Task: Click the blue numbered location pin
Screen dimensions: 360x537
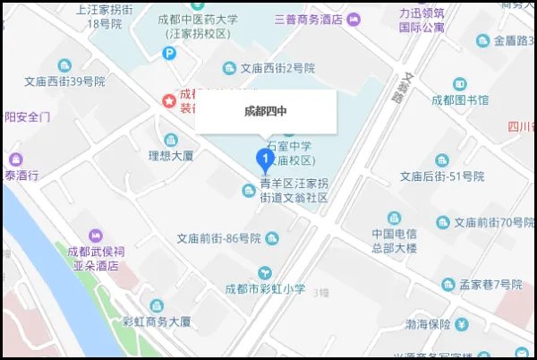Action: point(265,159)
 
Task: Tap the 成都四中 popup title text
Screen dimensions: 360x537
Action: point(266,113)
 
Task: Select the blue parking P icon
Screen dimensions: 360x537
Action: point(170,54)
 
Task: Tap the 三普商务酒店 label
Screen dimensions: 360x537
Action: point(309,19)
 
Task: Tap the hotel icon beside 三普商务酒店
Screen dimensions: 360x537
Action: point(354,19)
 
